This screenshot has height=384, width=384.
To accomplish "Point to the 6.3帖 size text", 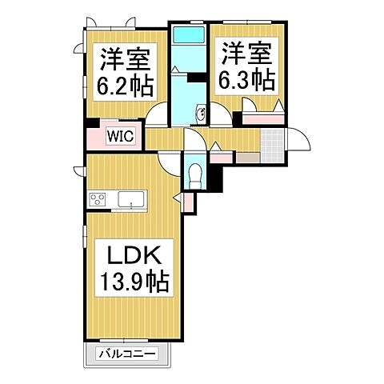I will tap(247, 80).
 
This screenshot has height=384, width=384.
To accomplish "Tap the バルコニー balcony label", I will tap(125, 353).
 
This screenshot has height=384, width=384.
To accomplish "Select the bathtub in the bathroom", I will tap(188, 37).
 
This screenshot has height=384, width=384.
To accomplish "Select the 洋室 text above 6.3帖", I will tap(247, 53).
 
